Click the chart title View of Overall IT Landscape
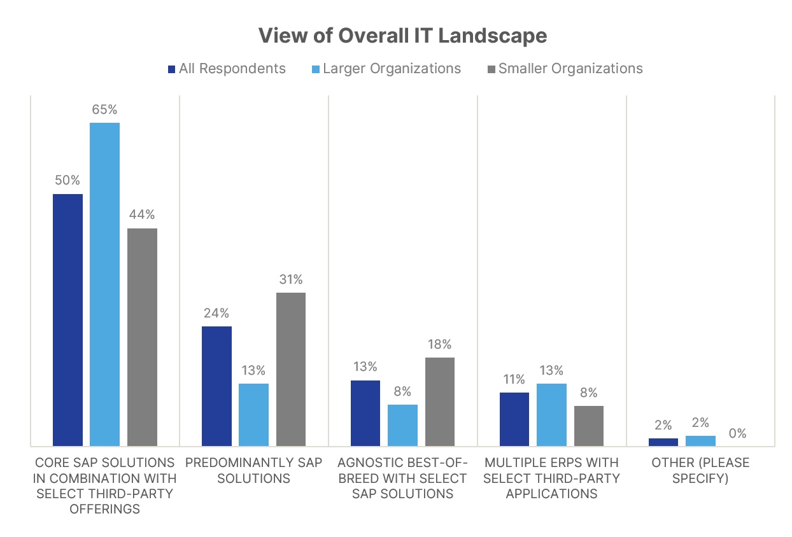pos(402,36)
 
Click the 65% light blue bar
pos(104,284)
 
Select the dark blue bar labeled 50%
pos(67,319)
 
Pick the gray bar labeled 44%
pos(142,337)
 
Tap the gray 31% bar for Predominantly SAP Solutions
pos(291,369)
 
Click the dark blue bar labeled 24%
pos(216,386)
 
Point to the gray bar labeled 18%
pos(440,401)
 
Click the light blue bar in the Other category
pos(700,440)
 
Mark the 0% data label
pos(737,433)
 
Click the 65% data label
pos(105,109)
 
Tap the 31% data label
pos(291,279)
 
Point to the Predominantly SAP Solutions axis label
pos(253,470)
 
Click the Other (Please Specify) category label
pos(700,470)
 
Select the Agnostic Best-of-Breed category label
pos(402,478)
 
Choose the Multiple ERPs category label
pos(551,478)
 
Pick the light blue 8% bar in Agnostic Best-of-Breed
pos(402,425)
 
